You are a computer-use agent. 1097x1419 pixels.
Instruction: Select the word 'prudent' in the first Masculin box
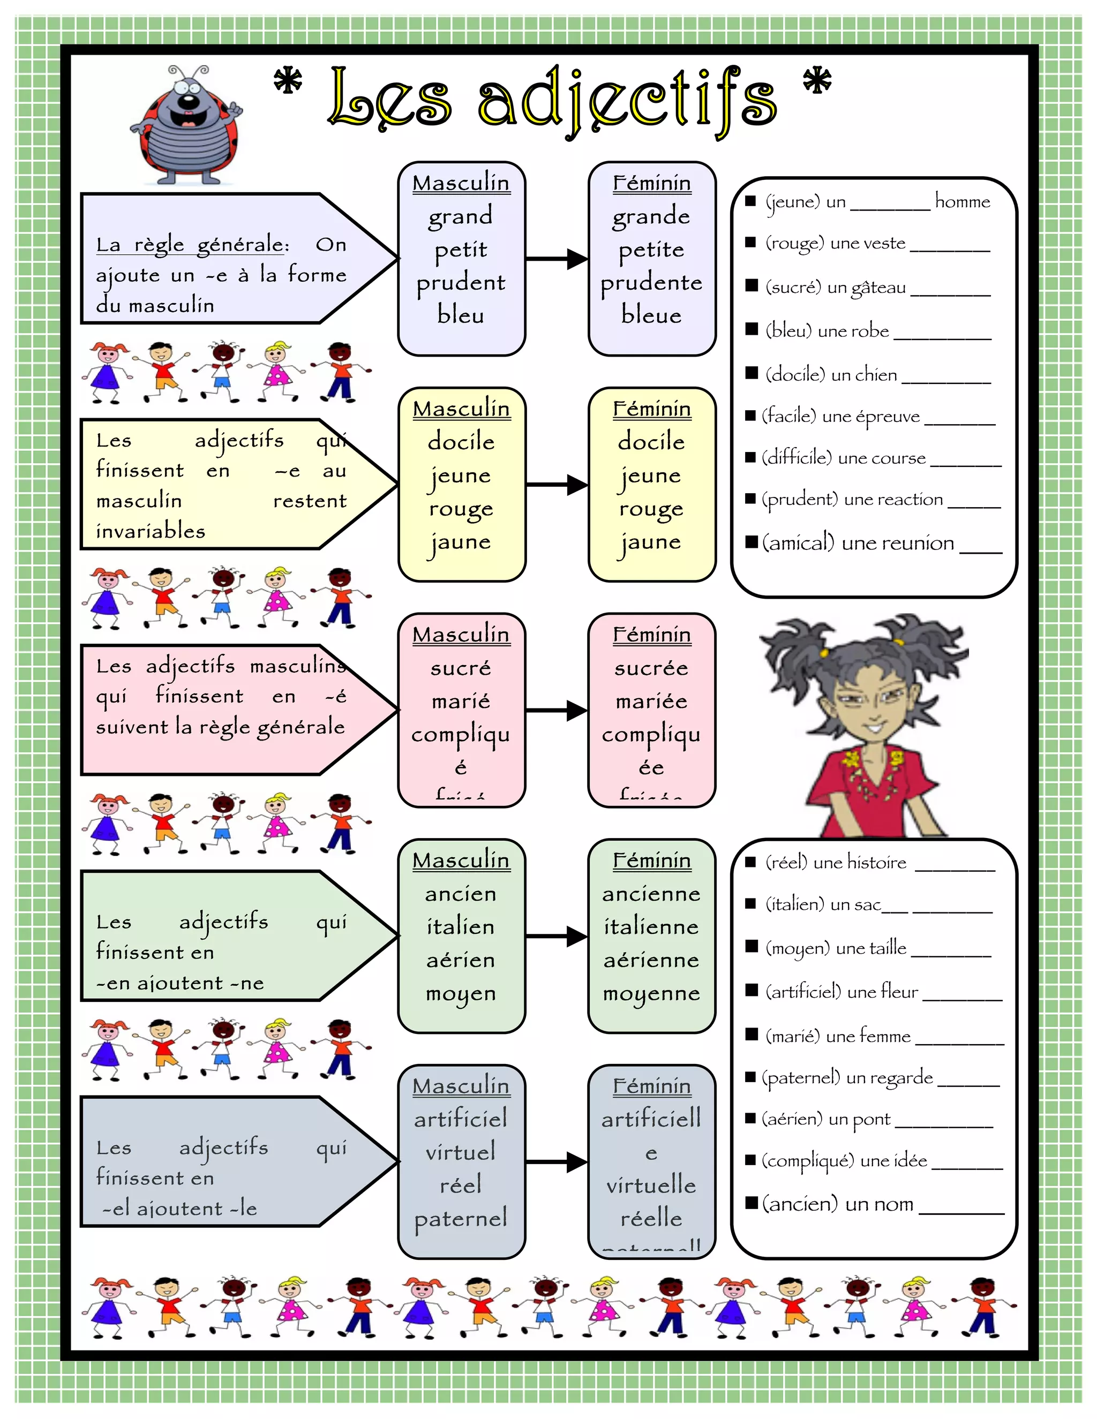[x=461, y=283]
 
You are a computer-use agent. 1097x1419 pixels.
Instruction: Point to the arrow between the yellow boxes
[x=557, y=485]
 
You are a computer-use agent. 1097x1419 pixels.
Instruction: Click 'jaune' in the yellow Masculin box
[x=461, y=542]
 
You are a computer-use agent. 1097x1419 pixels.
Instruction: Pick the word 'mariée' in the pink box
[x=651, y=701]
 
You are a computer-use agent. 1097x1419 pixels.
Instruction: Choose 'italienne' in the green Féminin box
[x=651, y=926]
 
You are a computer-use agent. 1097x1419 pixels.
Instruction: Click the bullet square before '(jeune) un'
[x=750, y=201]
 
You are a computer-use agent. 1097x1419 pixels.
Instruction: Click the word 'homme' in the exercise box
[x=963, y=201]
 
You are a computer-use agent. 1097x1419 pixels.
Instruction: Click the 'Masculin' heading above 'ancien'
[x=461, y=861]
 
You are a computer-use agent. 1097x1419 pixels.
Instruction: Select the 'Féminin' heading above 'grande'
[x=652, y=183]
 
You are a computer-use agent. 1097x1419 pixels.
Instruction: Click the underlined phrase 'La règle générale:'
[x=192, y=245]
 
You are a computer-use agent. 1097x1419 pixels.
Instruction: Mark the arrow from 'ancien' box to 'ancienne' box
[x=557, y=936]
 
